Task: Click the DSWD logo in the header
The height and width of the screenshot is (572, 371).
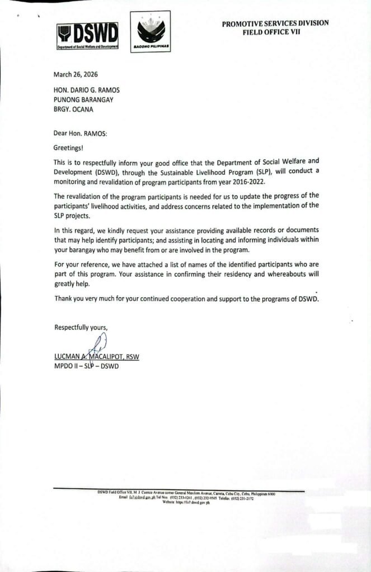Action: click(x=88, y=37)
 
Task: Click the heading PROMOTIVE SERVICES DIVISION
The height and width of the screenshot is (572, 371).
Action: click(x=275, y=23)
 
